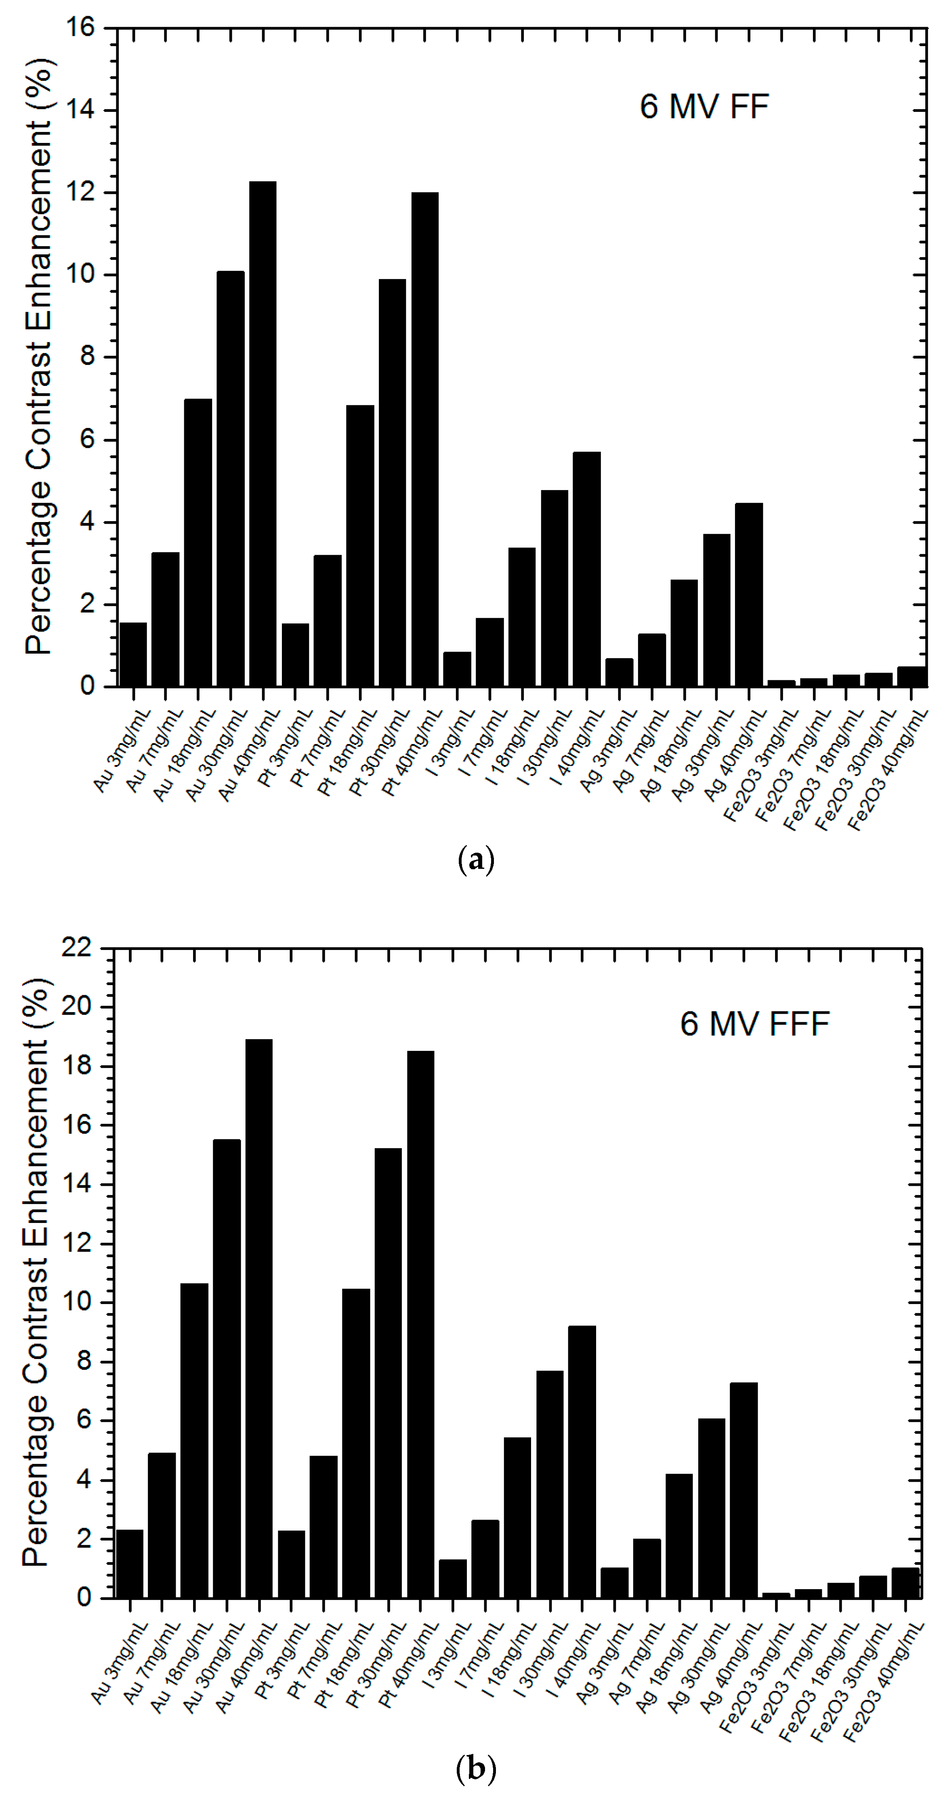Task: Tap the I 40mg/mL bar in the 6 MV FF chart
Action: [x=587, y=569]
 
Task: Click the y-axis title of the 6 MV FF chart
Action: [x=39, y=357]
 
